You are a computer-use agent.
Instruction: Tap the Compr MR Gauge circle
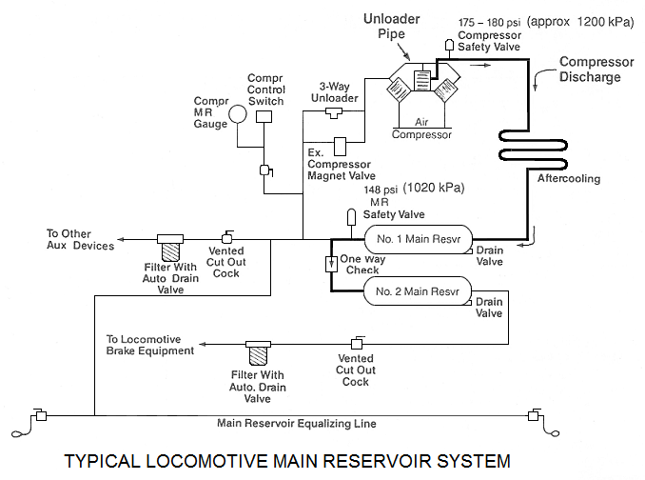[x=235, y=113]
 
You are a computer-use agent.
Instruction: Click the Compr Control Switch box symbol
[x=264, y=115]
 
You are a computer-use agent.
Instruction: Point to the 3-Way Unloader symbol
[x=333, y=113]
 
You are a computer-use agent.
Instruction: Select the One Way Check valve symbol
[x=330, y=263]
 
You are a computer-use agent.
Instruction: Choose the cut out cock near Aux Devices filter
[x=228, y=237]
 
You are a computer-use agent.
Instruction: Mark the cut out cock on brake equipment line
[x=357, y=343]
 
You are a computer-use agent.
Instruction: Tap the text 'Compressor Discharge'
[x=596, y=69]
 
